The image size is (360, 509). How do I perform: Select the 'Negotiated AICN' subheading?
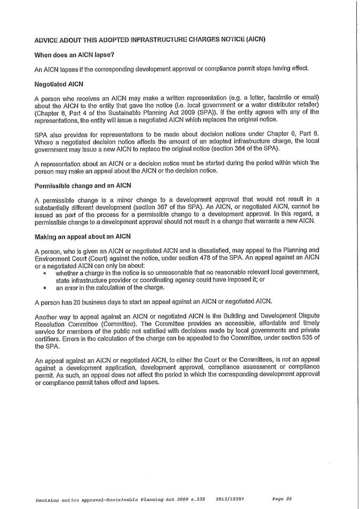click(59, 84)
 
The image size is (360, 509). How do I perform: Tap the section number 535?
click(300, 339)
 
